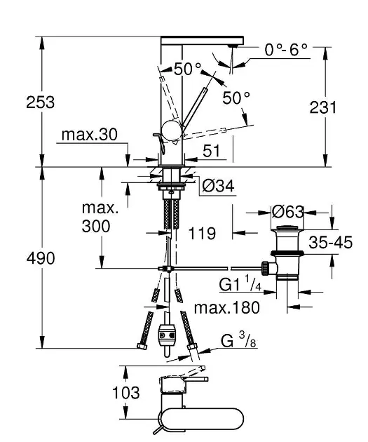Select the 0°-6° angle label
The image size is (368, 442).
pyautogui.click(x=287, y=50)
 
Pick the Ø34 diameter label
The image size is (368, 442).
pyautogui.click(x=217, y=186)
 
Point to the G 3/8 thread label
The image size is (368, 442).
pyautogui.click(x=236, y=342)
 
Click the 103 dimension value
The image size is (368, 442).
pyautogui.click(x=126, y=394)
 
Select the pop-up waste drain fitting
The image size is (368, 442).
pyautogui.click(x=285, y=253)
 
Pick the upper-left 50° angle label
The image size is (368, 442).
pyautogui.click(x=187, y=69)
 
